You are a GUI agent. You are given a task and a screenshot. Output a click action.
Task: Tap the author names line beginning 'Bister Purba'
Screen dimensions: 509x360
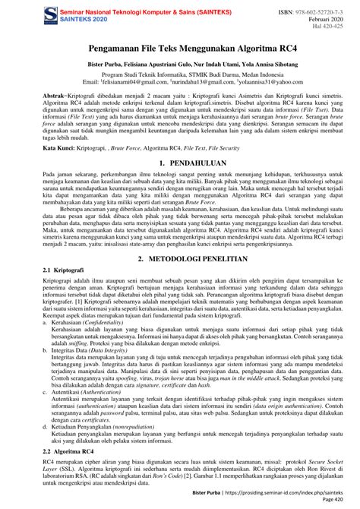[180, 67]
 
